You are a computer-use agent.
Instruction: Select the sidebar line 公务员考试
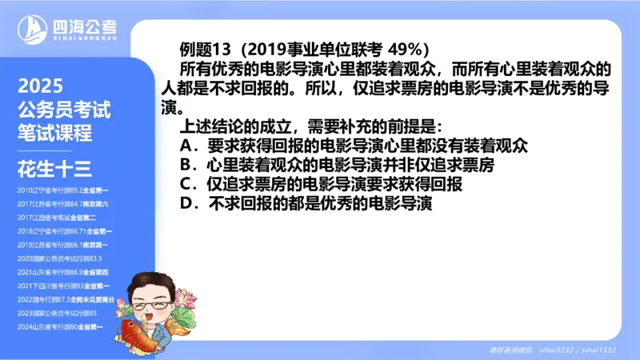[x=63, y=110]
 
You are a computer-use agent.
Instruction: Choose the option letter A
[x=188, y=146]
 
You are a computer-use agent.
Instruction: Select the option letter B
[x=188, y=166]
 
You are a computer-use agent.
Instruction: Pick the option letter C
[x=188, y=185]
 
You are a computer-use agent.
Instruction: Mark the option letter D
[x=188, y=204]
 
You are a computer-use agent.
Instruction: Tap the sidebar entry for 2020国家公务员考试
[x=59, y=258]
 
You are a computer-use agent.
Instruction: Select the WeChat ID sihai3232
[x=556, y=350]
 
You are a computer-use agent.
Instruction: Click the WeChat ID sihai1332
[x=598, y=350]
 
